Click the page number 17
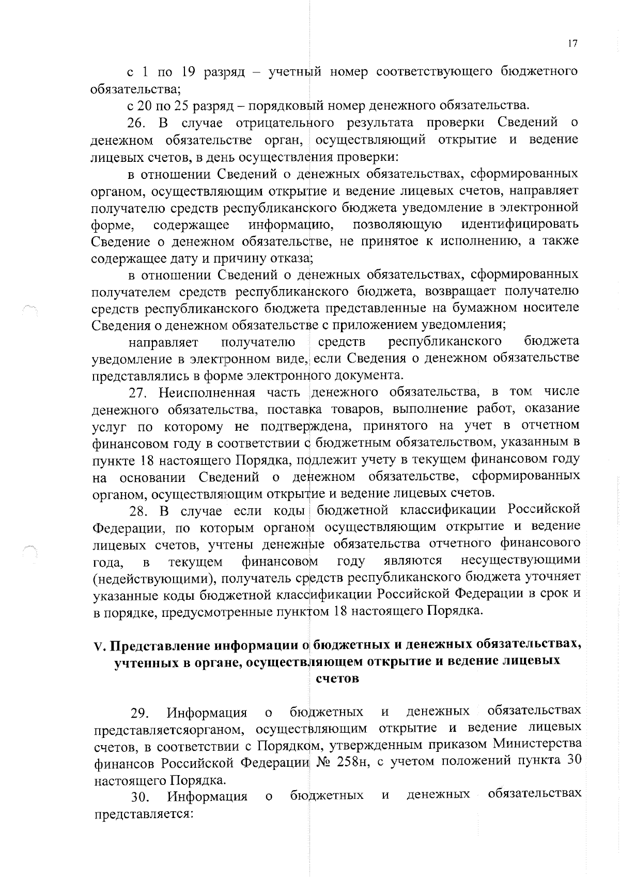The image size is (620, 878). [x=571, y=44]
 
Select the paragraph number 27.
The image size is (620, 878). [x=138, y=392]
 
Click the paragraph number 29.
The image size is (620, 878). [x=139, y=714]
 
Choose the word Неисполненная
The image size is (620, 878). [x=207, y=392]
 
